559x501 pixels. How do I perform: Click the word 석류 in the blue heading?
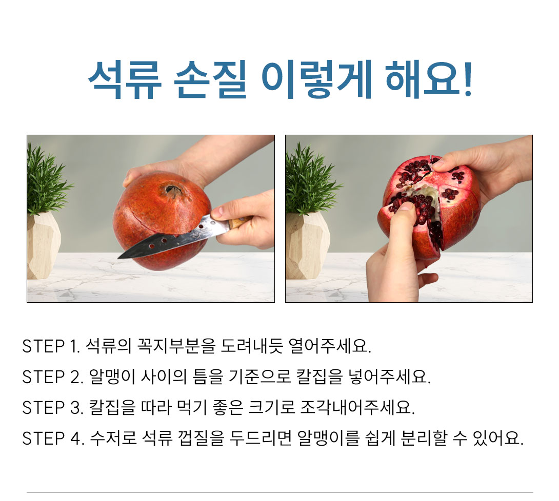pos(125,80)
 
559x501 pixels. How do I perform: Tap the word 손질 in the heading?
pos(211,80)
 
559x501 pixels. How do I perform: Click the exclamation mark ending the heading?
pos(468,78)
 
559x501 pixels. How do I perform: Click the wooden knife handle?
pos(239,222)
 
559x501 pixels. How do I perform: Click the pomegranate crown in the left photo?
pos(172,191)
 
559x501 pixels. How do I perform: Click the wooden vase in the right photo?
pos(307,246)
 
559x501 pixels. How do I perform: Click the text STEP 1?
pos(51,346)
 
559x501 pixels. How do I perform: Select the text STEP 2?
pos(52,377)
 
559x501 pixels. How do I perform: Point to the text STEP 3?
pos(52,407)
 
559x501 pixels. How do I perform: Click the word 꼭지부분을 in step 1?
pos(176,346)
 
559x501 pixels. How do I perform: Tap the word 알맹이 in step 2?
pos(112,377)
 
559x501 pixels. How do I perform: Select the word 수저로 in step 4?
pos(113,438)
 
